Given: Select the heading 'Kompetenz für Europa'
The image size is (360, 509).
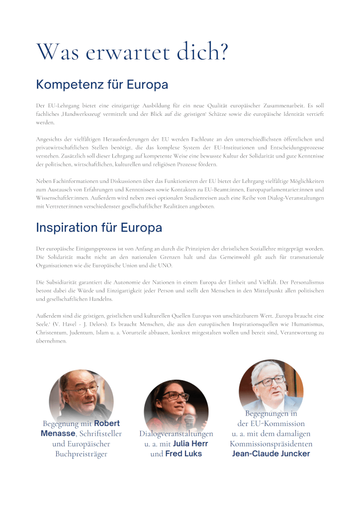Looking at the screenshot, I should (102, 85).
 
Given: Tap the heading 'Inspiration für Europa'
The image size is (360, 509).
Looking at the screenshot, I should (99, 228).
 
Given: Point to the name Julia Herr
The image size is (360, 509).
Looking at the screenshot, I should (190, 443).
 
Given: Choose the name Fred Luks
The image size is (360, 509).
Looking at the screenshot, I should (183, 453).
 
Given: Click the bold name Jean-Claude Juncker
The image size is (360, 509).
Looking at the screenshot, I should (271, 453).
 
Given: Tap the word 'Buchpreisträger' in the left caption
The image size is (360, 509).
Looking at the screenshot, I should (81, 453).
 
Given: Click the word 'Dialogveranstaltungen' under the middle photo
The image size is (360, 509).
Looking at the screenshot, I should (176, 433).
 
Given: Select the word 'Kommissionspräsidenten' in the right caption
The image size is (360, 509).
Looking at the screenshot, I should (271, 443).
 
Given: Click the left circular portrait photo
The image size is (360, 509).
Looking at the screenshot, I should (81, 395).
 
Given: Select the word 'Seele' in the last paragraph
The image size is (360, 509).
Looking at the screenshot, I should (43, 324).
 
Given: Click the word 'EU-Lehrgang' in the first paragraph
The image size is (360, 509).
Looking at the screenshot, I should (62, 106).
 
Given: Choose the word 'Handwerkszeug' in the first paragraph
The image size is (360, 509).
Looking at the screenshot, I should (81, 114).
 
